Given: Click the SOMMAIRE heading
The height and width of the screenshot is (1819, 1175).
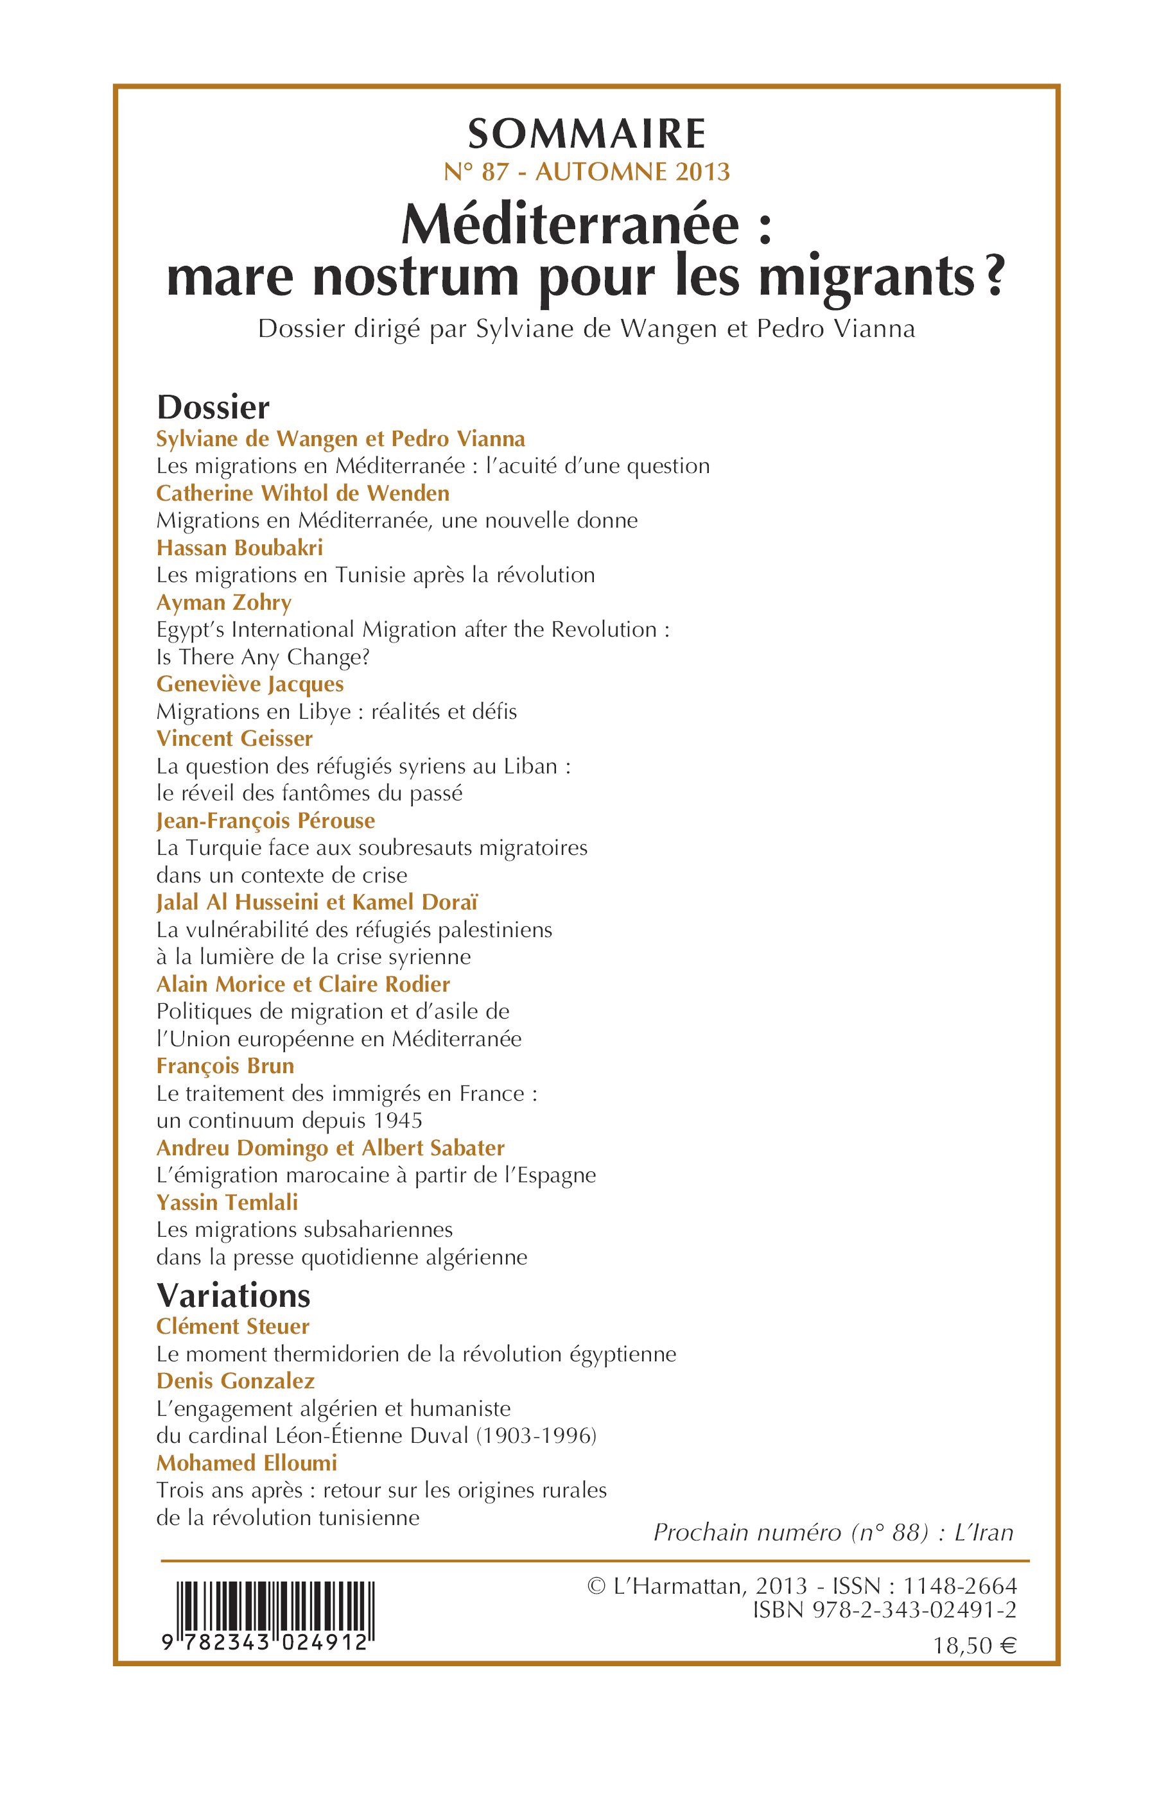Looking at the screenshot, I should tap(587, 134).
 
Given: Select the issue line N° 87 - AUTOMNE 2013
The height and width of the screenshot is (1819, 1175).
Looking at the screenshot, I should tap(587, 173).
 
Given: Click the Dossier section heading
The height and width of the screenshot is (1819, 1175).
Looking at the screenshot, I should tap(213, 408).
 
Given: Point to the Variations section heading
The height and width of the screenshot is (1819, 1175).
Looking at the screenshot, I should tap(234, 1295).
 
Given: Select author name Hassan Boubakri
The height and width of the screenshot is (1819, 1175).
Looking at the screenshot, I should tap(239, 547).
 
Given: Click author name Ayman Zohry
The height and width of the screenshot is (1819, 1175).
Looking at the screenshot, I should tap(223, 603).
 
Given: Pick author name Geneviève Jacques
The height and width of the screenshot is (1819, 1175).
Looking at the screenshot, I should tap(250, 684).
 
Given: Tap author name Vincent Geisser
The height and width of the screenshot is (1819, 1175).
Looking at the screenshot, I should tap(234, 738).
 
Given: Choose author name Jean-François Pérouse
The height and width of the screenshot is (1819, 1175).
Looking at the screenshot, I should tap(266, 821).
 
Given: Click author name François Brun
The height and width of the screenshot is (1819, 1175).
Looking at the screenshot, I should tap(225, 1065).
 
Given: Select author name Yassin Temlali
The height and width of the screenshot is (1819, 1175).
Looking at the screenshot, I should tap(227, 1203).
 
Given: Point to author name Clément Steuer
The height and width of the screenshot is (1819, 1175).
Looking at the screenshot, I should tap(232, 1326).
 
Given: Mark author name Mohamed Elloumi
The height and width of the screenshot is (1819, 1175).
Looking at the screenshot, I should tap(247, 1463).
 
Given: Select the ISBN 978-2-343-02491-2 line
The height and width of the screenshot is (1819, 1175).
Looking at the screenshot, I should tap(884, 1610).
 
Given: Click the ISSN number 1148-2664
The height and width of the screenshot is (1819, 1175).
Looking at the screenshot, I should tap(960, 1585).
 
